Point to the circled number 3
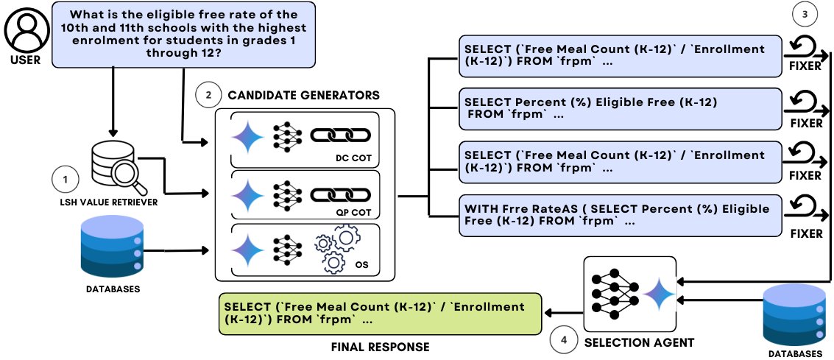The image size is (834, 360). pos(803,13)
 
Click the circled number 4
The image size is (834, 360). pos(565,341)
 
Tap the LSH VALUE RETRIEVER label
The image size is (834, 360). pos(110,202)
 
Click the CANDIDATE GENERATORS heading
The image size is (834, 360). pos(303,96)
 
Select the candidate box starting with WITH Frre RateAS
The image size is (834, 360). pos(618,214)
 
